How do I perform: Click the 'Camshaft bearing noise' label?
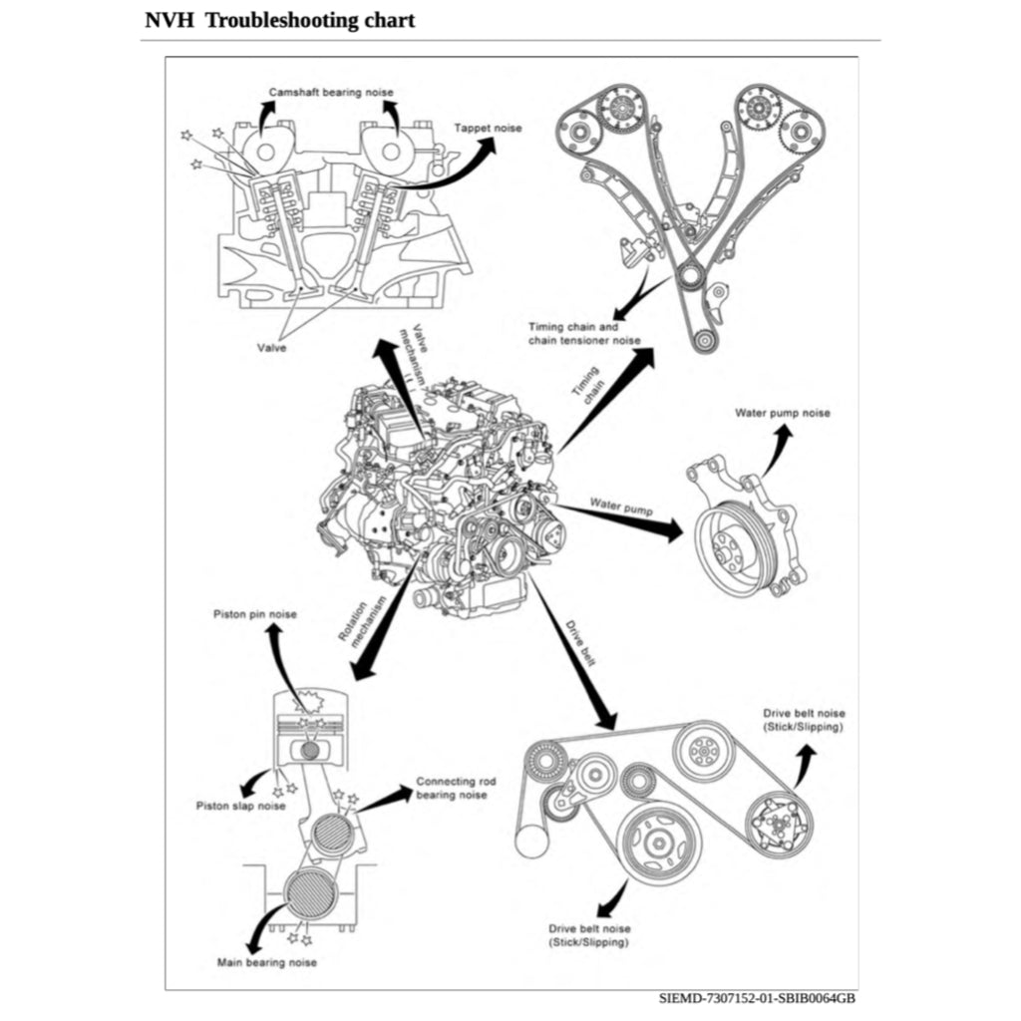click(330, 92)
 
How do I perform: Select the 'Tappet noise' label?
click(488, 128)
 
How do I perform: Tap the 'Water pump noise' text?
click(782, 413)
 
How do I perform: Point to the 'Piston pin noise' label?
click(254, 613)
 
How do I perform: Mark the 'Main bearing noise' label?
click(267, 962)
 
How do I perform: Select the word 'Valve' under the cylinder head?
click(272, 349)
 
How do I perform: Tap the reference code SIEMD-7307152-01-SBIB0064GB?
click(757, 997)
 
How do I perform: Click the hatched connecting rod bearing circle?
click(330, 834)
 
